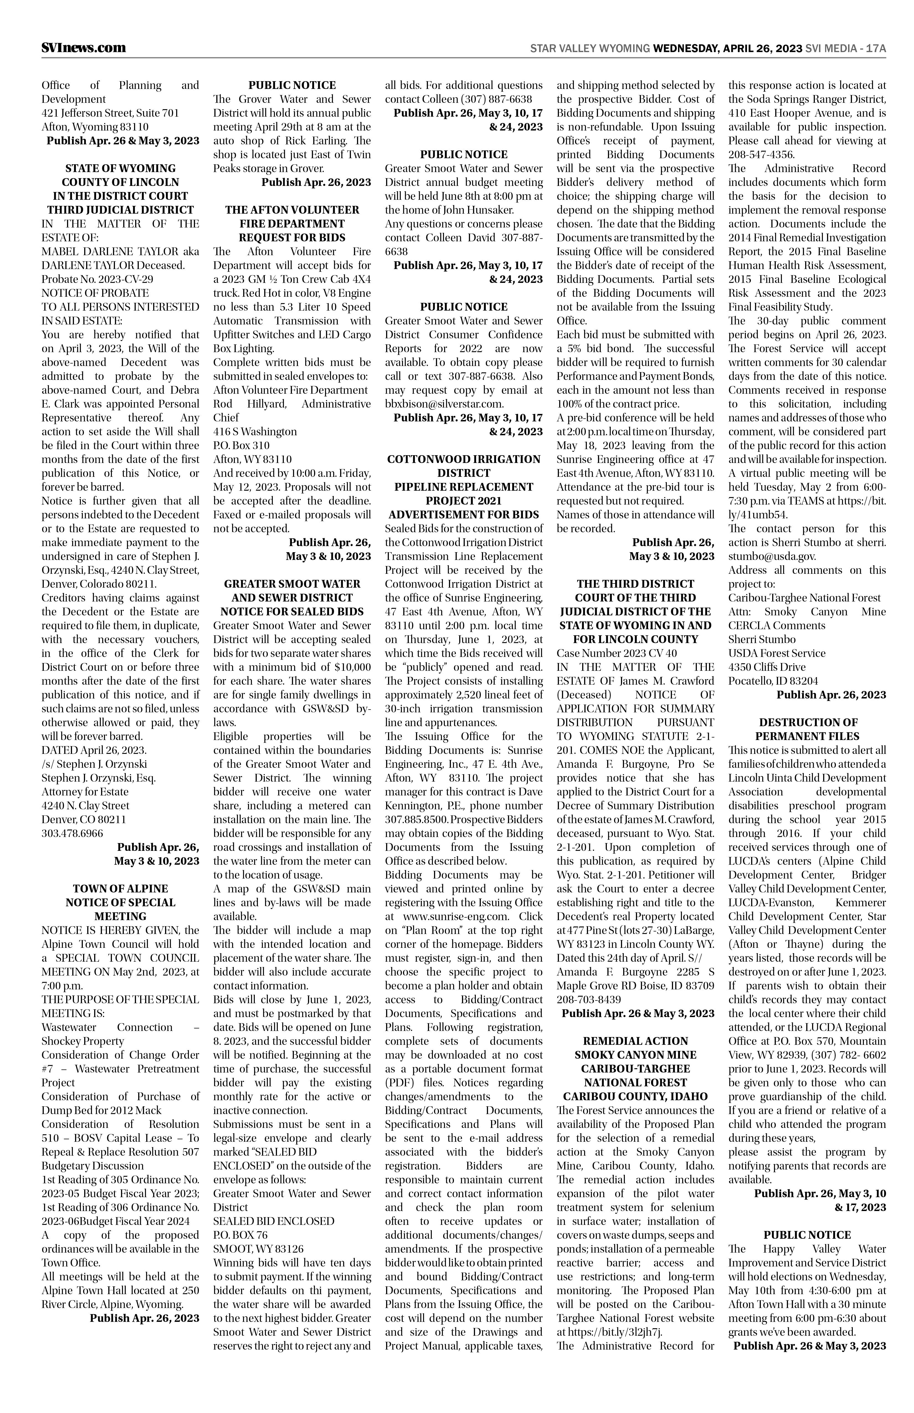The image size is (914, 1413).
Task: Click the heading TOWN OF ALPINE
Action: [x=120, y=889]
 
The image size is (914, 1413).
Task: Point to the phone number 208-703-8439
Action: [x=589, y=1000]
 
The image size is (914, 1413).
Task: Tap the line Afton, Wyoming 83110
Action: [x=95, y=126]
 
